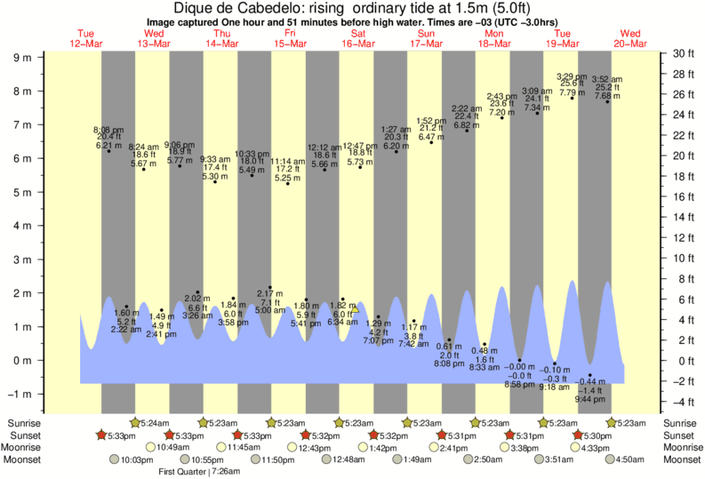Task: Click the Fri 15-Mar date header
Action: (x=290, y=38)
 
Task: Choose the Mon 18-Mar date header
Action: (x=494, y=38)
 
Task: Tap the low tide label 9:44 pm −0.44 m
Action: (x=589, y=391)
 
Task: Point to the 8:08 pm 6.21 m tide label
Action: (x=108, y=138)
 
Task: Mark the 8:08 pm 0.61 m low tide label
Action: (x=449, y=355)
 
